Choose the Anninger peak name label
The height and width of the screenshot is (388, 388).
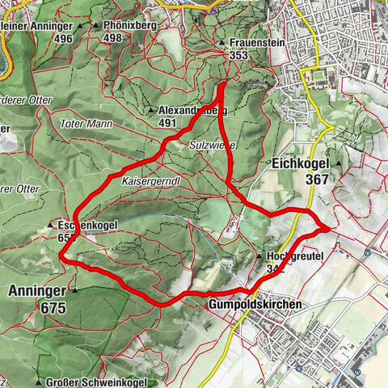pos(34,289)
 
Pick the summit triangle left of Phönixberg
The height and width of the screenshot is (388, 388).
pos(96,25)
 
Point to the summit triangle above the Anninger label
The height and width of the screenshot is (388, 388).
pos(74,289)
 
